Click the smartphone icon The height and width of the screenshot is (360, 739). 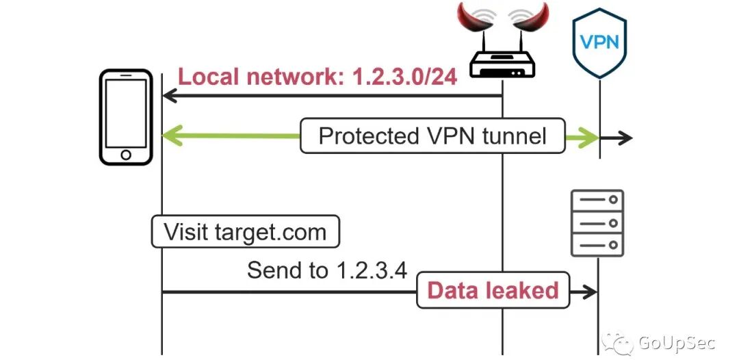tap(125, 117)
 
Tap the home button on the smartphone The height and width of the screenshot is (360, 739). tap(125, 154)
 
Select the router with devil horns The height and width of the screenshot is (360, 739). tap(503, 48)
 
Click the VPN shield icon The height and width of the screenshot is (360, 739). tap(599, 42)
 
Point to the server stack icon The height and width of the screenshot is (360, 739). tap(597, 222)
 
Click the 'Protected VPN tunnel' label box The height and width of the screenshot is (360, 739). tap(432, 136)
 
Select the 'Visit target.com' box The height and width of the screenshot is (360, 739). tap(245, 232)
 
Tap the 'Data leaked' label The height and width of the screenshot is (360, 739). tap(493, 291)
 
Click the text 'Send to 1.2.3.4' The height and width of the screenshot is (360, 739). tap(327, 270)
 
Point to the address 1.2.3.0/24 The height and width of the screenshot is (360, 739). tap(404, 77)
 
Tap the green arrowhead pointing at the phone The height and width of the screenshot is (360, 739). tap(170, 136)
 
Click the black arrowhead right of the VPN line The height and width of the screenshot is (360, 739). tap(625, 138)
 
